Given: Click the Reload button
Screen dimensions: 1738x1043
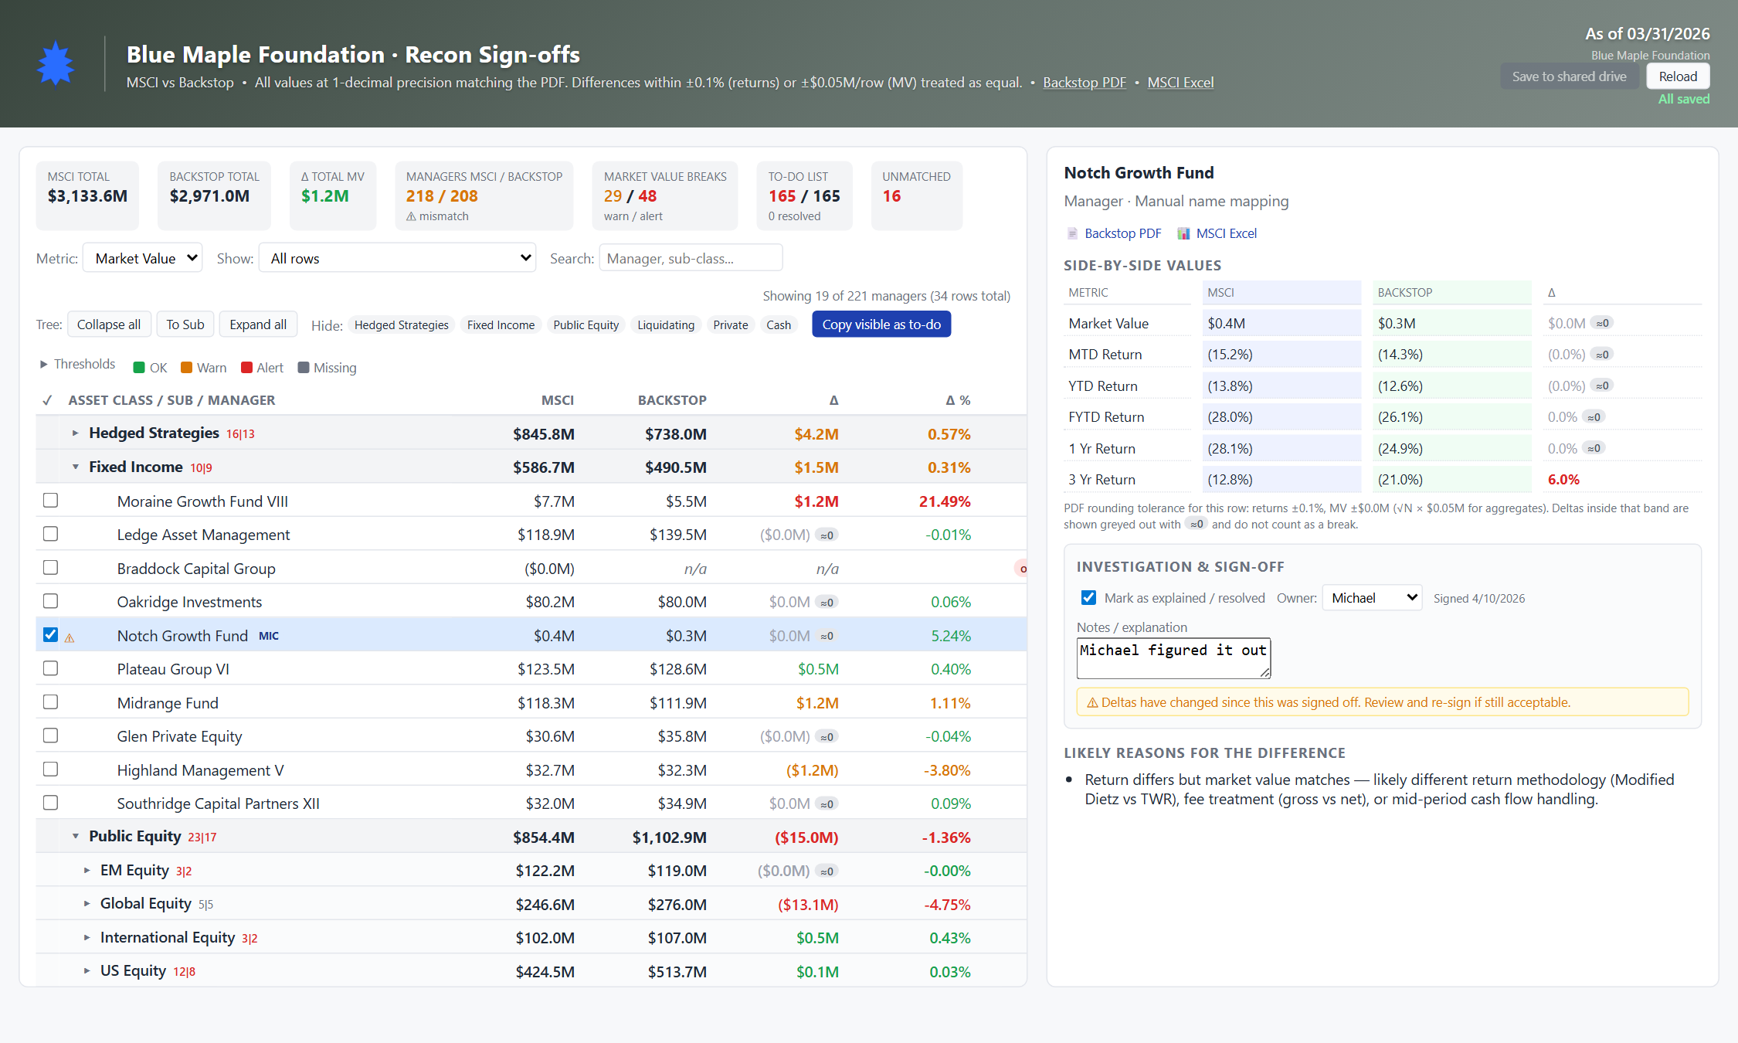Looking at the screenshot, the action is (x=1678, y=76).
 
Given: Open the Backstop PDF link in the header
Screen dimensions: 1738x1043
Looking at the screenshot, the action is (x=1085, y=83).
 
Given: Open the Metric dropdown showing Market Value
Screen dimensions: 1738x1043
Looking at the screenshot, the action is (x=143, y=258).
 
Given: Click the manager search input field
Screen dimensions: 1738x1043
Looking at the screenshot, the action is (x=691, y=258).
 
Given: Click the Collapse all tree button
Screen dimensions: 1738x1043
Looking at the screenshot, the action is (x=109, y=324).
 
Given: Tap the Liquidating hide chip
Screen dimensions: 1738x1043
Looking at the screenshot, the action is (x=666, y=325).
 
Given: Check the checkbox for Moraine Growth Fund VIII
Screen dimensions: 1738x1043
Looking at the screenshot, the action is (x=51, y=501).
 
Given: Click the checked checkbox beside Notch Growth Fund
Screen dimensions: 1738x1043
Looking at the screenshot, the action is (x=51, y=635).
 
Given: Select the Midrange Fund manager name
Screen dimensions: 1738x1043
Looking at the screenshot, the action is (x=168, y=703).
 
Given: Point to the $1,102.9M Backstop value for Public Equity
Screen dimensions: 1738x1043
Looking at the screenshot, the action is (x=670, y=837).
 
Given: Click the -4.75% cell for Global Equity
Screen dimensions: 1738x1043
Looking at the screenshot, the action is (x=948, y=905).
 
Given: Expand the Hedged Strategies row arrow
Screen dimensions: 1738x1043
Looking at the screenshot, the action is (x=75, y=433).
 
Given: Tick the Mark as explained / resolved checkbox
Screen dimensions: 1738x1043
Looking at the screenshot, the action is (x=1088, y=598).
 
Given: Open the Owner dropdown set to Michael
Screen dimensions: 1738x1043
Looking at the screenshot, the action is (x=1372, y=598).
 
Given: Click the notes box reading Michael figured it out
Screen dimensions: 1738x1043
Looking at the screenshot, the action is (x=1173, y=658).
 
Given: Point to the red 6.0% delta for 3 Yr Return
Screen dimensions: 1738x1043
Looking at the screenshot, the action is (x=1563, y=480).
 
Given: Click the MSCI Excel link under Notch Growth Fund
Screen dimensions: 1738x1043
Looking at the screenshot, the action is (x=1226, y=233).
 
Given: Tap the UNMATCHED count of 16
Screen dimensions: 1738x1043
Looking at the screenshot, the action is (x=891, y=196).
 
